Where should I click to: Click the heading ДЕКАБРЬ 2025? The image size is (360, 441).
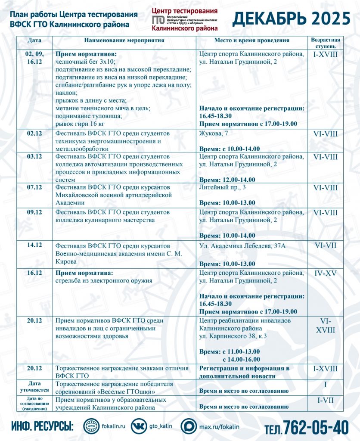(292, 19)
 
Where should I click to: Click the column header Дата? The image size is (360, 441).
(34, 40)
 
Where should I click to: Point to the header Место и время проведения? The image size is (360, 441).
(252, 40)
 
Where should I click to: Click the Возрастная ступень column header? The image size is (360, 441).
(325, 43)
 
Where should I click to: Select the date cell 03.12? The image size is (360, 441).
(34, 156)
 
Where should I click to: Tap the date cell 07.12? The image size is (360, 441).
(34, 187)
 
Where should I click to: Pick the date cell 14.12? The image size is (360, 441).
(34, 245)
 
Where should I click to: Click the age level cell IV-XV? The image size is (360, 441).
(325, 273)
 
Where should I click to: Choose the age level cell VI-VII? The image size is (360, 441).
(325, 245)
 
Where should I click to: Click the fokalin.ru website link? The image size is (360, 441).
(114, 426)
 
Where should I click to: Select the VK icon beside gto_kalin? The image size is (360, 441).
(139, 426)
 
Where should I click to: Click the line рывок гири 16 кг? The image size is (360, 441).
(81, 124)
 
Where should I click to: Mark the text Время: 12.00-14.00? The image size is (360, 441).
(227, 180)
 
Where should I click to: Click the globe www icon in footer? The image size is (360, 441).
(91, 426)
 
